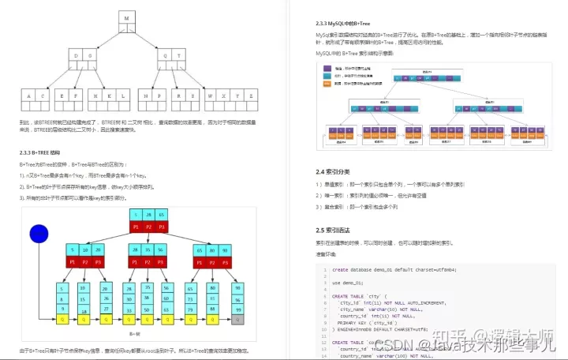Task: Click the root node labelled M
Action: [x=126, y=17]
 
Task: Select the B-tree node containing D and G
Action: [x=84, y=57]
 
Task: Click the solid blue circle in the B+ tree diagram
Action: [x=39, y=234]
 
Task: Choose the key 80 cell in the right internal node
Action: [x=212, y=249]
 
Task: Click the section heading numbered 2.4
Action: [x=335, y=171]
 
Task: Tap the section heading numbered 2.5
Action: [x=335, y=230]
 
